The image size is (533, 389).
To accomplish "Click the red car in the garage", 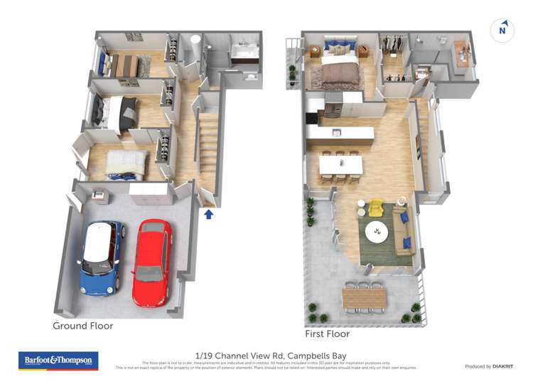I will (152, 261).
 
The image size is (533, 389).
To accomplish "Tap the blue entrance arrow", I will (209, 213).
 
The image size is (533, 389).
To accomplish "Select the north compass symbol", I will (502, 31).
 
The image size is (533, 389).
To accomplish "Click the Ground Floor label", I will (82, 326).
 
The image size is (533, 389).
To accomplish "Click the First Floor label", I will (327, 334).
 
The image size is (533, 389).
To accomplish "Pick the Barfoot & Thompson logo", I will (58, 361).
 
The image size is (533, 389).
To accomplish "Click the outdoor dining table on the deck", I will (364, 297).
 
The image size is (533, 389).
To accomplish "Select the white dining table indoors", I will (340, 164).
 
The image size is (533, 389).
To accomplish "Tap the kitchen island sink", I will (336, 132).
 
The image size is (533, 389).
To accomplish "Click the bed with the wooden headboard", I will (126, 65).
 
